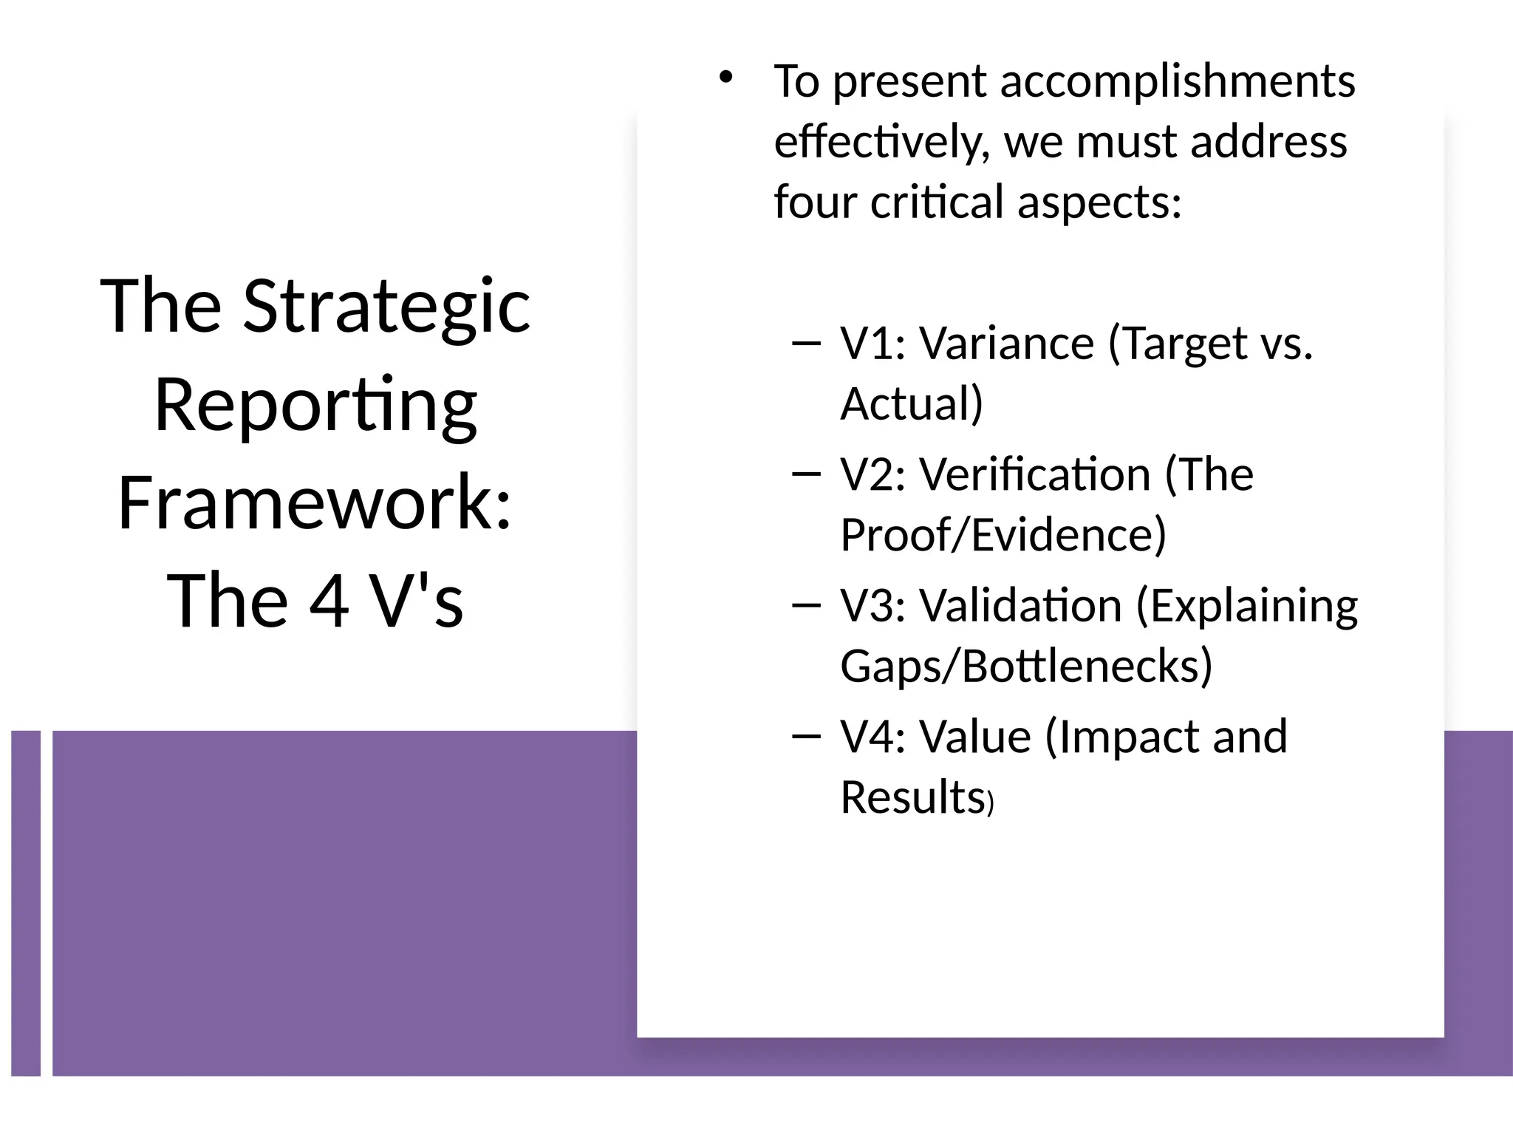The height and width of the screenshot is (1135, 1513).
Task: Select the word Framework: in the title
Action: [x=315, y=502]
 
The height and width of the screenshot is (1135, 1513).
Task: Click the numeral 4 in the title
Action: [x=329, y=600]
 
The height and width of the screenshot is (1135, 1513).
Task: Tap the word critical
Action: [x=937, y=202]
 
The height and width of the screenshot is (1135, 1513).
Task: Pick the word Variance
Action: [x=1006, y=344]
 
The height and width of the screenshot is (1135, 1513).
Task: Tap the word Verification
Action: [x=1035, y=474]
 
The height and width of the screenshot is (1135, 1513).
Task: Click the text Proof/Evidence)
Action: [x=1003, y=535]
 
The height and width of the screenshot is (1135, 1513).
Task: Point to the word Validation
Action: [x=1020, y=606]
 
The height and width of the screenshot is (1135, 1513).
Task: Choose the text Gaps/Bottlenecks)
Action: [x=1026, y=666]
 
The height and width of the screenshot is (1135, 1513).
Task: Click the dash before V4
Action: [x=805, y=736]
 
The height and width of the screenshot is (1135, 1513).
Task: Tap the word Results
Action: [x=912, y=797]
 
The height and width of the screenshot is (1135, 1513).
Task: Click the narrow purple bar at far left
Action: [x=26, y=902]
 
